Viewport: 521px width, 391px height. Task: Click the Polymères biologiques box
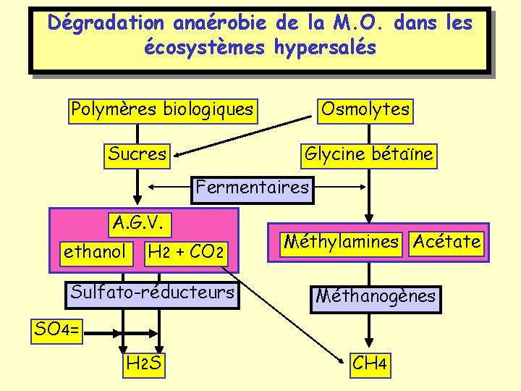coord(161,110)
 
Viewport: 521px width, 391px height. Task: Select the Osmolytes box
coord(365,110)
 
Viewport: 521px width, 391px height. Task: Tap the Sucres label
coord(137,154)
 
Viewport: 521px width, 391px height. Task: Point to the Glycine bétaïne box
coord(369,154)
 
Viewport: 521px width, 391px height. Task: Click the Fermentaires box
coord(252,188)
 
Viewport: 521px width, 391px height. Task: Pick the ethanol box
coord(95,252)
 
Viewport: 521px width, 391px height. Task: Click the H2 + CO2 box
coord(185,253)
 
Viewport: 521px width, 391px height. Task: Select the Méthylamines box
coord(341,241)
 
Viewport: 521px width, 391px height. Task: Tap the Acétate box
coord(446,241)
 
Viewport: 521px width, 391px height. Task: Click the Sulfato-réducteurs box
coord(152,293)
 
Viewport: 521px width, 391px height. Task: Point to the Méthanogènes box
coord(375,296)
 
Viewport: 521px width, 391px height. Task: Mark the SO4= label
coord(59,330)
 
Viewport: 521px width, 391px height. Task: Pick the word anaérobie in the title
coord(221,23)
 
